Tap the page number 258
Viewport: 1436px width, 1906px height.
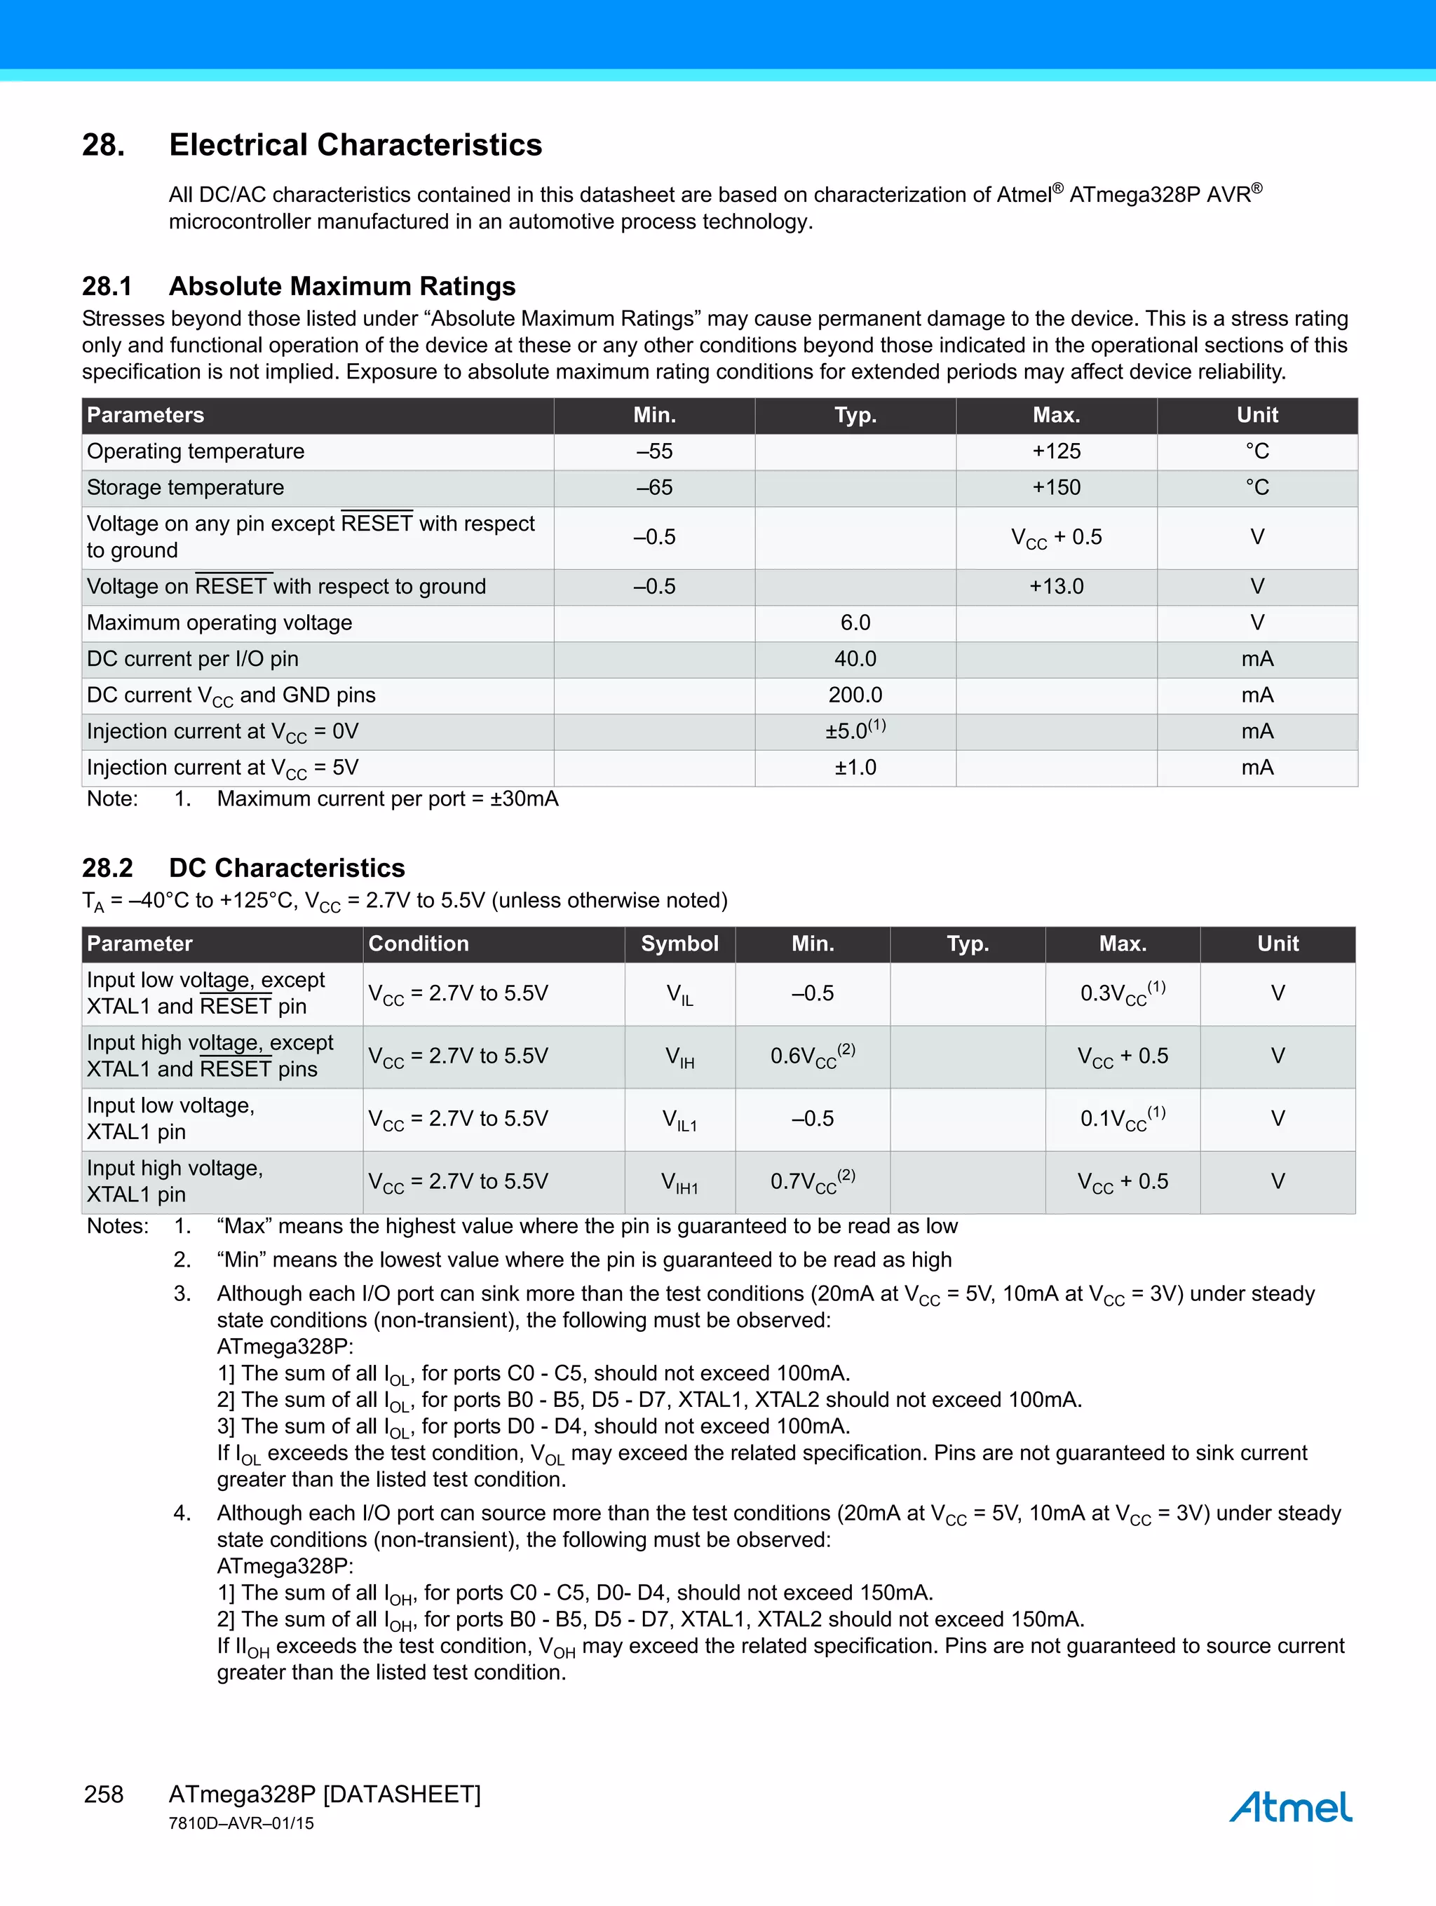tap(104, 1794)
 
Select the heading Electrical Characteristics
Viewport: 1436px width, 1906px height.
tap(355, 145)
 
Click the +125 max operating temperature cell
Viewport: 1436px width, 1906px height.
tap(1056, 451)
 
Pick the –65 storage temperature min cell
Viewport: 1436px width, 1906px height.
tap(654, 488)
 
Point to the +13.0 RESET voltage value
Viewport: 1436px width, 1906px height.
tap(1056, 587)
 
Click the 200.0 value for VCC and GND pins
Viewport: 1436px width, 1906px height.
tap(855, 695)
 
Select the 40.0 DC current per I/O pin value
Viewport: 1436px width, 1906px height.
tap(855, 659)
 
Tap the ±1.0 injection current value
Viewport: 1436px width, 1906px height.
tap(855, 768)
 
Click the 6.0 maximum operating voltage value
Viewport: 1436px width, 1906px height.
tap(855, 623)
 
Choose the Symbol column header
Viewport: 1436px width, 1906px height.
tap(679, 944)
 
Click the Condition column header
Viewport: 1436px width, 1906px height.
tap(419, 944)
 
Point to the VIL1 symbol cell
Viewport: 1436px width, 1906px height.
tap(679, 1119)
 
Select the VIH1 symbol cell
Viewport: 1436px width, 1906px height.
tap(679, 1182)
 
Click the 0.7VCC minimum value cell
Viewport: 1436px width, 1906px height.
tap(812, 1181)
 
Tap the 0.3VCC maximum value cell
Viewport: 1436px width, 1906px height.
tap(1123, 993)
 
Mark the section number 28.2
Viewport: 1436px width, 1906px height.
tap(108, 868)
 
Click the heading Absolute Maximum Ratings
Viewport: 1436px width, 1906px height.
tap(342, 286)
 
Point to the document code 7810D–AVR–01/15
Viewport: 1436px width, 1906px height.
tap(241, 1823)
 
